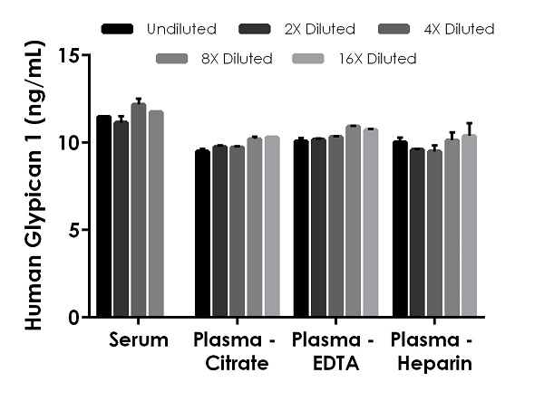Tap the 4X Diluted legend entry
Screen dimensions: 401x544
(460, 29)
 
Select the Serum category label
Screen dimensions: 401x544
(138, 341)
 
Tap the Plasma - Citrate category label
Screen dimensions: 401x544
(230, 352)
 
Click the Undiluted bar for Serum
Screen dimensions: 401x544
(104, 217)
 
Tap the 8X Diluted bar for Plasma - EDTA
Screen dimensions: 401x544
(353, 222)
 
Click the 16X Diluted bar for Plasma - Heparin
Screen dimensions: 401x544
(469, 226)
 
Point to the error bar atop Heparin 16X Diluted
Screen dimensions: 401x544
(469, 128)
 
